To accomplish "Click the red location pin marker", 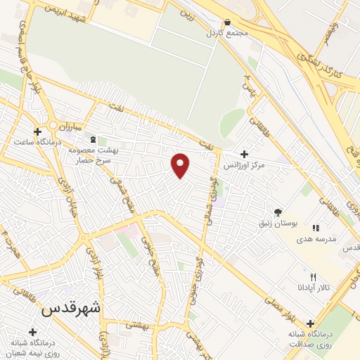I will (x=181, y=165).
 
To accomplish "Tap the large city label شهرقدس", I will (x=71, y=308).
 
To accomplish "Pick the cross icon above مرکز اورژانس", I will (x=243, y=154).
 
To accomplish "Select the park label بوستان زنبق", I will (x=281, y=223).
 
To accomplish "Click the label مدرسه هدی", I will (x=317, y=239).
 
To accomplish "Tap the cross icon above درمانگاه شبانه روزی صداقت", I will (x=310, y=324).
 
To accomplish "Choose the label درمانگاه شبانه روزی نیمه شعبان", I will (x=32, y=347).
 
